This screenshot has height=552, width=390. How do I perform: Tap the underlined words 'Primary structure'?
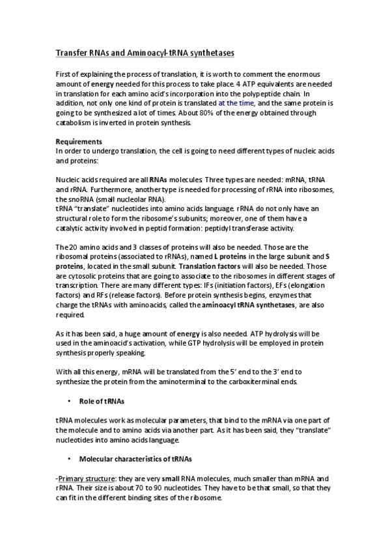pos(82,479)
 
